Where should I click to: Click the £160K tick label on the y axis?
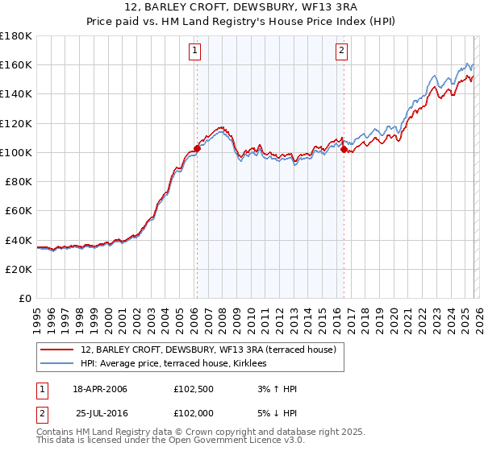click(x=16, y=64)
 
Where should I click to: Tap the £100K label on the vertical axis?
click(x=16, y=152)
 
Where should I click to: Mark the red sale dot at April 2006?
click(x=196, y=148)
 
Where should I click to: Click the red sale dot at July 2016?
click(x=344, y=149)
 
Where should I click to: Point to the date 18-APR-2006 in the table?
click(x=100, y=389)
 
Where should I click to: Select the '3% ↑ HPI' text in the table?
click(x=274, y=389)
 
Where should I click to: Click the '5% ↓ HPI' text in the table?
click(x=274, y=413)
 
